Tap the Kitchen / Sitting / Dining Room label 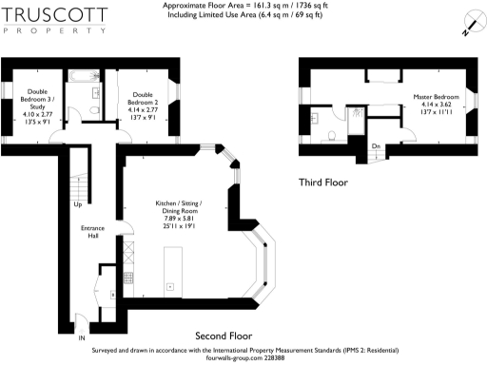(x=178, y=209)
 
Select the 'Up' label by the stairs (x=76, y=204)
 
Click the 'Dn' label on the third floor (x=377, y=145)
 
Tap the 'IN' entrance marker (x=82, y=337)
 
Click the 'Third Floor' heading (x=322, y=182)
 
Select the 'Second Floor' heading (x=223, y=336)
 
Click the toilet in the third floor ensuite (x=328, y=132)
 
